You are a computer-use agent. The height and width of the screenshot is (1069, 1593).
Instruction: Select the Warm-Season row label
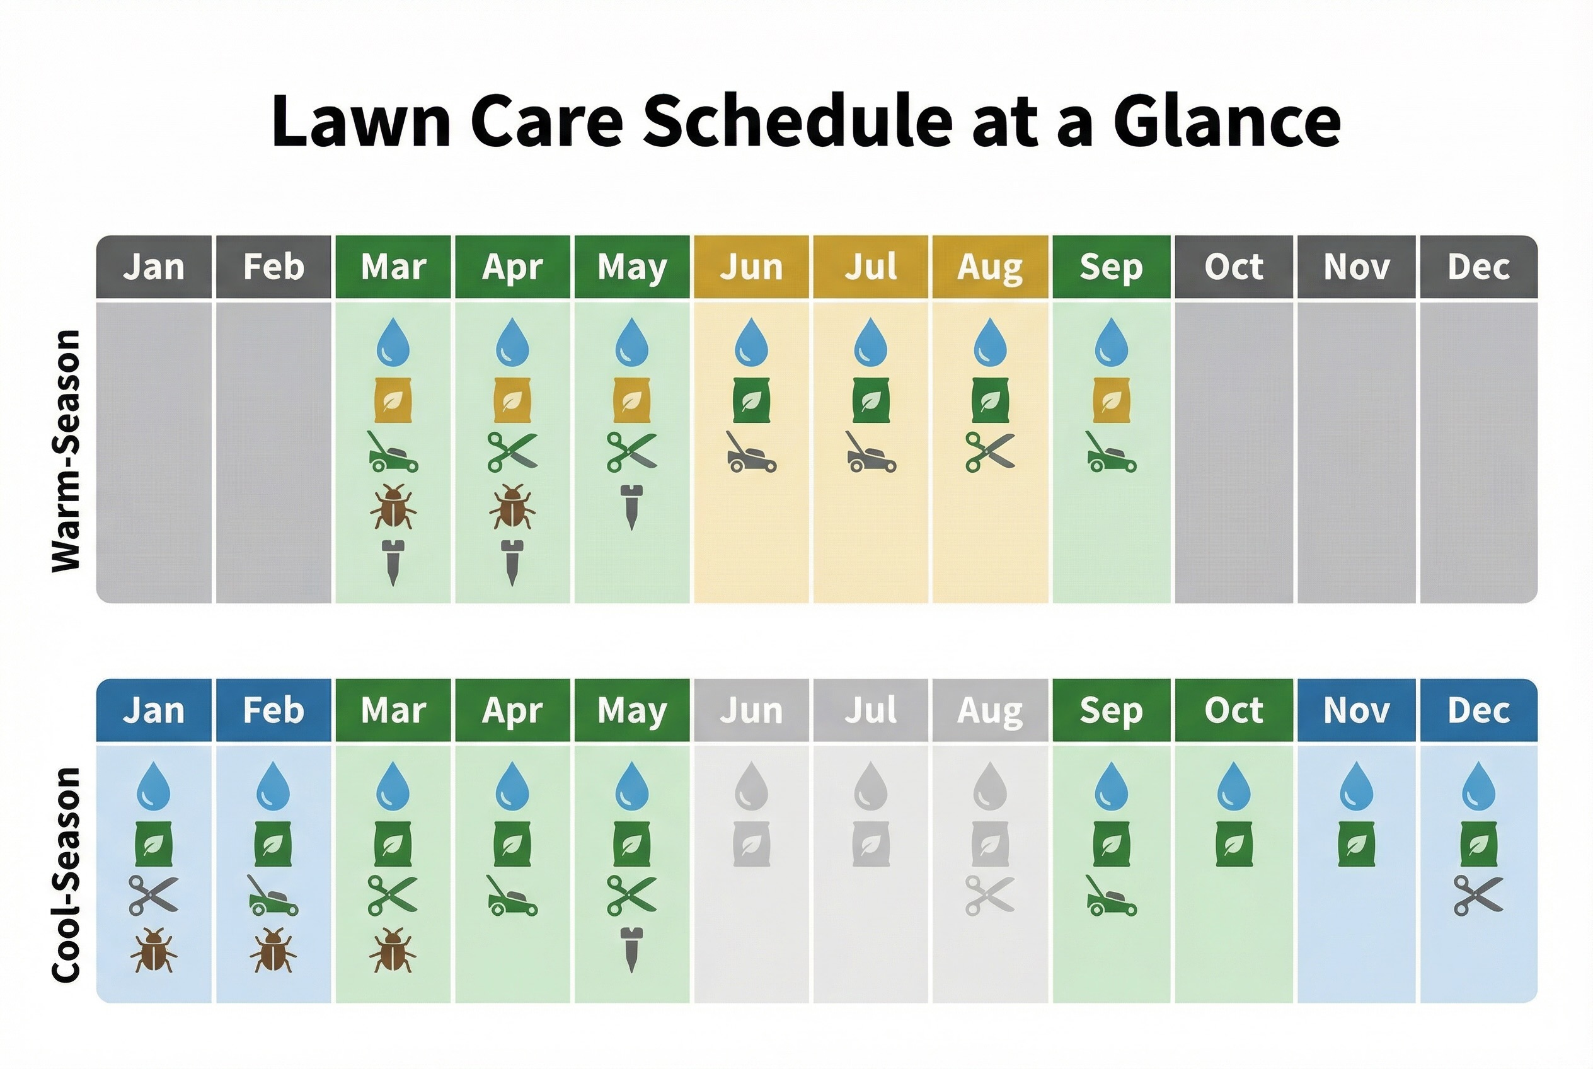point(67,451)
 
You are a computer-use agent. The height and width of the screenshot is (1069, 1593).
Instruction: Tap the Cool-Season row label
point(67,875)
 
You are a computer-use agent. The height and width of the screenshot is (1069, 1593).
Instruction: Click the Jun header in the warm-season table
point(750,267)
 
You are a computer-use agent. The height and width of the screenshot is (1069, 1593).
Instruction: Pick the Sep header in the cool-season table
point(1110,710)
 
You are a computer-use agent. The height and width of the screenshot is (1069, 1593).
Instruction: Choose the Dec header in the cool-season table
point(1478,710)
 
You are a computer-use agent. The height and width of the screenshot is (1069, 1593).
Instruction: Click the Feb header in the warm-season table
point(273,267)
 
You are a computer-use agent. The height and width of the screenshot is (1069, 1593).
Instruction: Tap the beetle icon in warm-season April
point(512,507)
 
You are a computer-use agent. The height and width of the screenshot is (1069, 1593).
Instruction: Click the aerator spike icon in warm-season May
point(631,507)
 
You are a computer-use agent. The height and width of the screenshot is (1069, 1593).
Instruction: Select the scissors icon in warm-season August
point(990,452)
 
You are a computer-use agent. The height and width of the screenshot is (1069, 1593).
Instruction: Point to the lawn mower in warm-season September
point(1110,452)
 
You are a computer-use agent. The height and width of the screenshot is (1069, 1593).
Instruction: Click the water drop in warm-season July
point(870,342)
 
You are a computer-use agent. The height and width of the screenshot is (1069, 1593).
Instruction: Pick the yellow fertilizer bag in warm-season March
point(393,400)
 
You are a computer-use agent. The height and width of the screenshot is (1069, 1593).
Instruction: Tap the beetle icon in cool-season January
point(153,950)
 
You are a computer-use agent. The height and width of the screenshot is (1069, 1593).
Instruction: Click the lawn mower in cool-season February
point(273,895)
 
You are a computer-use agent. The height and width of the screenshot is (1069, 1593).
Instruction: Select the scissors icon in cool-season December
point(1478,895)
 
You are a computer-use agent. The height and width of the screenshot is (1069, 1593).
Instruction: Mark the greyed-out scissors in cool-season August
point(990,895)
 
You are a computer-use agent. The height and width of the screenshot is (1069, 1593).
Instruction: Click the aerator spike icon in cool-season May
point(631,950)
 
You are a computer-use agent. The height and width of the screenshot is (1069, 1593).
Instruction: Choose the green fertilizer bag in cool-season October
point(1234,844)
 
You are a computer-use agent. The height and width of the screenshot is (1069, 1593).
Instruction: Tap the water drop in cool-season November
point(1356,786)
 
